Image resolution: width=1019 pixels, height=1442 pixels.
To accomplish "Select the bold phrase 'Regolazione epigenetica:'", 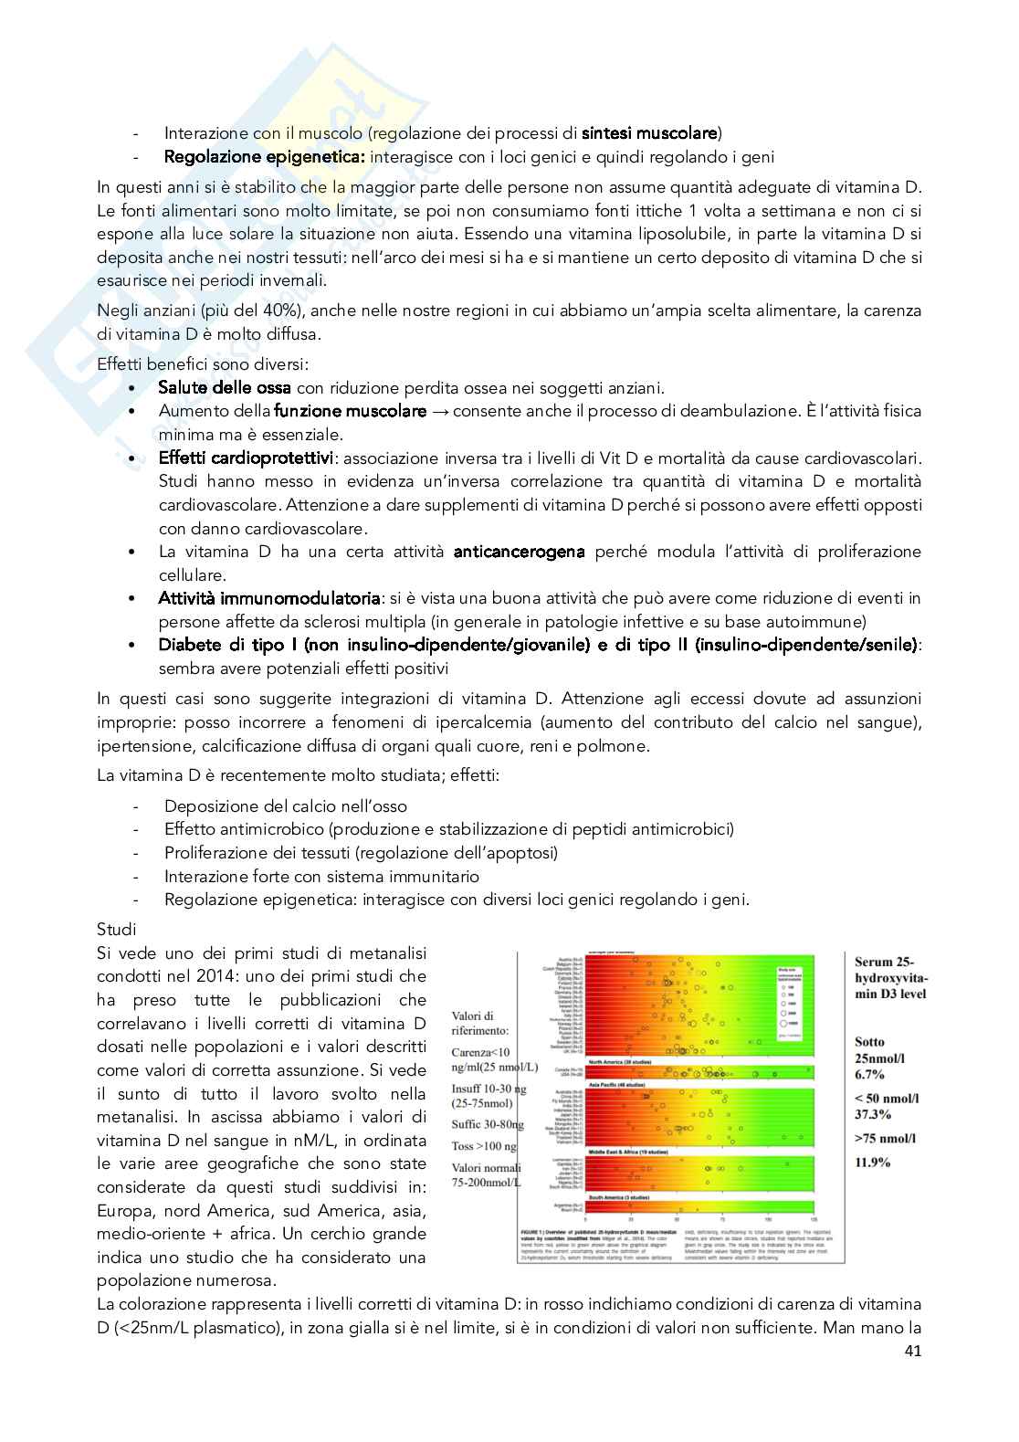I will (264, 157).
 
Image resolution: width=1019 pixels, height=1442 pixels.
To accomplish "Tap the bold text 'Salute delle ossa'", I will (225, 388).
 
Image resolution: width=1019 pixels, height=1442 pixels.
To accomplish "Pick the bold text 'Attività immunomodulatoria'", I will (269, 598).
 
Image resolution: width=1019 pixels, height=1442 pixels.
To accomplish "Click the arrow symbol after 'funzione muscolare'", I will (440, 411).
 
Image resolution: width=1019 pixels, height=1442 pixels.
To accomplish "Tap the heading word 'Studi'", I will (116, 930).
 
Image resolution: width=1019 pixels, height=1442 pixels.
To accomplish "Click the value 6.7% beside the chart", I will (873, 1074).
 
